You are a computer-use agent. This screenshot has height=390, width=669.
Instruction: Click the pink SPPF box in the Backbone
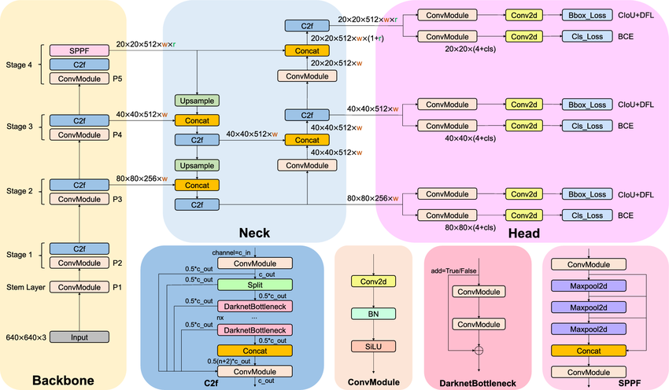pyautogui.click(x=79, y=50)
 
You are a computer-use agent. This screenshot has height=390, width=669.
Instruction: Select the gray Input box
pyautogui.click(x=79, y=337)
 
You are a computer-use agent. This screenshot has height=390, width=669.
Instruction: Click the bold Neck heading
pyautogui.click(x=255, y=233)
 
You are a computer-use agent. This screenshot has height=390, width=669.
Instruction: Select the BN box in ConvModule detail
pyautogui.click(x=373, y=313)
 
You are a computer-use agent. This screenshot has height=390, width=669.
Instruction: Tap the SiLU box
pyautogui.click(x=373, y=345)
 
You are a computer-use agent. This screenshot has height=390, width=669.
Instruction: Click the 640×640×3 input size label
pyautogui.click(x=26, y=337)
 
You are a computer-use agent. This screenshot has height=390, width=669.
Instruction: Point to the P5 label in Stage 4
pyautogui.click(x=120, y=79)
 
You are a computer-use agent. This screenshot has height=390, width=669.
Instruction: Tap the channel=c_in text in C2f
pyautogui.click(x=233, y=252)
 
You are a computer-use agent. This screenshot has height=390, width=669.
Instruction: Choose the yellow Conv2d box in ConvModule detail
pyautogui.click(x=373, y=281)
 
